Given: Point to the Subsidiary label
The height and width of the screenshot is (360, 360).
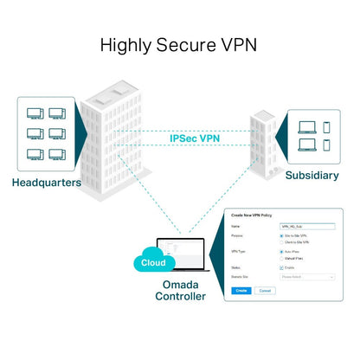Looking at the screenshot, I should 313,176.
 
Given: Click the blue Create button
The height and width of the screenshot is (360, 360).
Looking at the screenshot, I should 241,290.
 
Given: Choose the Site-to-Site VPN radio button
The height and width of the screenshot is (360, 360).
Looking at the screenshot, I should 282,235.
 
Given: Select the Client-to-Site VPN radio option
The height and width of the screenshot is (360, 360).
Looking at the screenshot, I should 282,241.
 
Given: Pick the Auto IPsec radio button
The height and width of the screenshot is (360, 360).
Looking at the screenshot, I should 282,252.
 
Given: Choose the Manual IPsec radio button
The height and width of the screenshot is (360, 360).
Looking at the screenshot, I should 282,259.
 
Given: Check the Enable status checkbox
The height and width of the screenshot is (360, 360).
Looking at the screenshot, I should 282,268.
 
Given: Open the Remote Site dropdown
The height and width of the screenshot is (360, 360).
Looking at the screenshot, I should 307,277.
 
